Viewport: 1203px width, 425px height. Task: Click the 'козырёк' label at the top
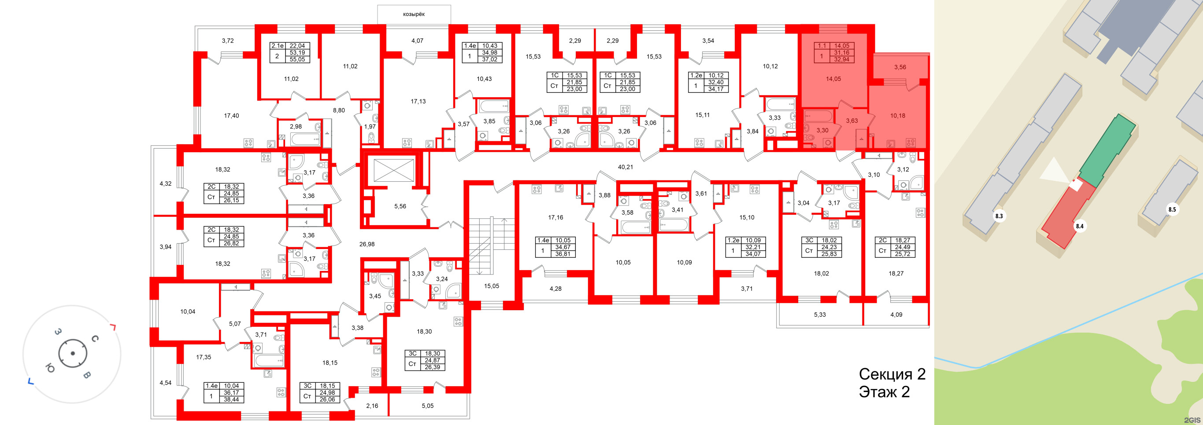tap(414, 14)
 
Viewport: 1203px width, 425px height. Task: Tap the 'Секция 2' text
tap(892, 374)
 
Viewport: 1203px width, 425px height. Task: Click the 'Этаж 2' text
tap(885, 392)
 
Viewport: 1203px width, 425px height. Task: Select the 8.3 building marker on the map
tap(999, 216)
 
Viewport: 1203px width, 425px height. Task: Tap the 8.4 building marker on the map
tap(1079, 226)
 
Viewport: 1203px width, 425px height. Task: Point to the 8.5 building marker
tap(1172, 209)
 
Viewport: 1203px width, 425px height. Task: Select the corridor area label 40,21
tap(625, 167)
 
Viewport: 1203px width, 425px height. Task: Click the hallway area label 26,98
tap(367, 244)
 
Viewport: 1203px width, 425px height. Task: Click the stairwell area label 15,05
tap(491, 286)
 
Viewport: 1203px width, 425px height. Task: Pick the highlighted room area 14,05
tap(833, 79)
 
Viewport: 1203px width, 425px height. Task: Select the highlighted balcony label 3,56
tap(900, 67)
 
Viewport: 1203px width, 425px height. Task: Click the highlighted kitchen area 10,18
tap(898, 116)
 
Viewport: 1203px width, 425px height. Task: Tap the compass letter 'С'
tap(95, 338)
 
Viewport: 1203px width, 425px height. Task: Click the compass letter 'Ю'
tap(50, 368)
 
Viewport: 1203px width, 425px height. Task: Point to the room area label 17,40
tap(231, 116)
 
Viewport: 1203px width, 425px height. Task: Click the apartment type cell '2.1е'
tap(278, 46)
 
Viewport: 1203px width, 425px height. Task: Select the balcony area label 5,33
tap(820, 315)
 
